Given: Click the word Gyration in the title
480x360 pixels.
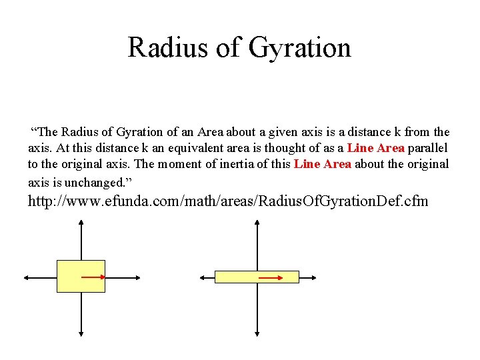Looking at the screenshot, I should coord(300,48).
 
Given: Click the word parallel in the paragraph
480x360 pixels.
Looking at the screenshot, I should coord(429,148).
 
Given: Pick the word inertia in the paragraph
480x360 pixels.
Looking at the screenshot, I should coord(227,164).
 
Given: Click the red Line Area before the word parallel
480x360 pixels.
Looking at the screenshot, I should coord(376,148).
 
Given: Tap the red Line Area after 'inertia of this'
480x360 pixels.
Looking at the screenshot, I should coord(323,164).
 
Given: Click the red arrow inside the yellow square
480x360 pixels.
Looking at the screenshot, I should coord(94,276).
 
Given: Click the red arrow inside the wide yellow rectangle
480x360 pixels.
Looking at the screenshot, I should coord(270,276).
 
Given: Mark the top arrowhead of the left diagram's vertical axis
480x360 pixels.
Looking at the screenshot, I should coord(81,225).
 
